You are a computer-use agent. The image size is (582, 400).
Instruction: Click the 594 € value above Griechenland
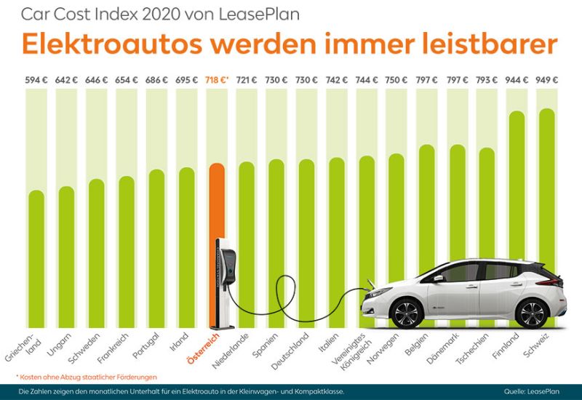(36, 80)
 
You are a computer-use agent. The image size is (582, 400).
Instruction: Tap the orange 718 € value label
(218, 80)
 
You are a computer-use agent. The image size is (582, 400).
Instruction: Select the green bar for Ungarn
(66, 255)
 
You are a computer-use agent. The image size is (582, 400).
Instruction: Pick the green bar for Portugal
(156, 247)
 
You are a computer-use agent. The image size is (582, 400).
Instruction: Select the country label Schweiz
(541, 345)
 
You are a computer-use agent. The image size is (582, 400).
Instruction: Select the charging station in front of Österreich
(223, 284)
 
